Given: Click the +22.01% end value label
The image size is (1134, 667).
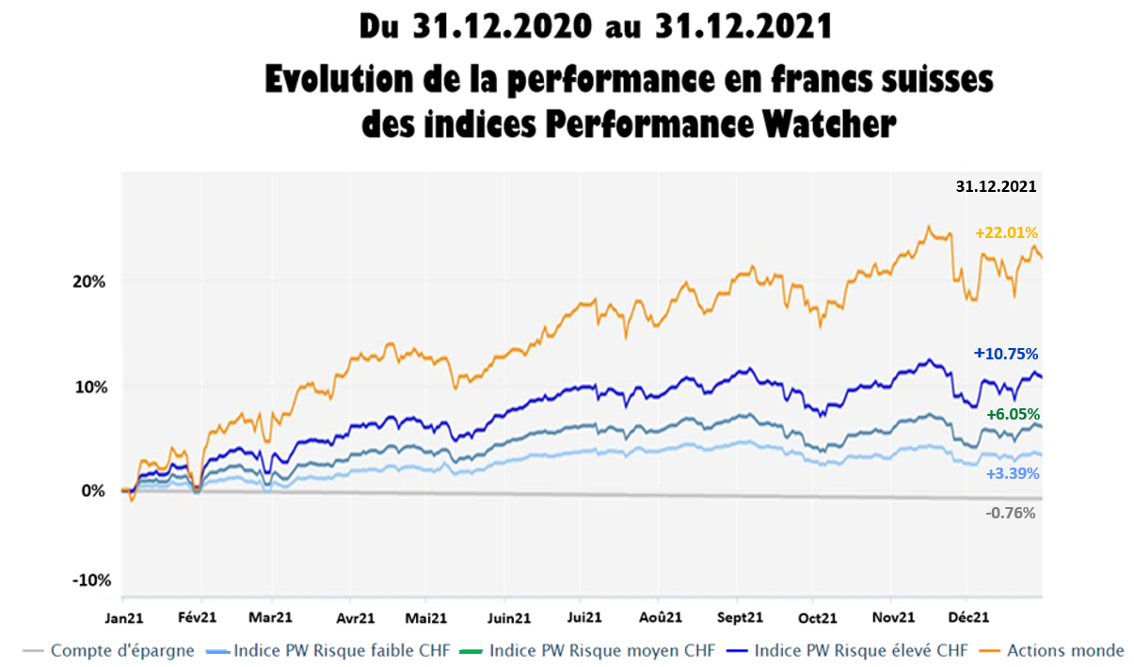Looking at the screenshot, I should [x=1005, y=232].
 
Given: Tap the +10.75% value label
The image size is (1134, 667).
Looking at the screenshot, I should [x=1005, y=354].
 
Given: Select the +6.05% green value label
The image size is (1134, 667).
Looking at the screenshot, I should [x=1012, y=414].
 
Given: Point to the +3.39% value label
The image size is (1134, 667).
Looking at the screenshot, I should [x=1012, y=473].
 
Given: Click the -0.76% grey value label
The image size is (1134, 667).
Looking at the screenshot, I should [x=1010, y=513].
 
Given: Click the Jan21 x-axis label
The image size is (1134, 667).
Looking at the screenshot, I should [x=122, y=617].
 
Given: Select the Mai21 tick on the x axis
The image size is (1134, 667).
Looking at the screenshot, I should [x=426, y=617].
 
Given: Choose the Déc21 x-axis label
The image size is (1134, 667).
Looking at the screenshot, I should [x=967, y=617].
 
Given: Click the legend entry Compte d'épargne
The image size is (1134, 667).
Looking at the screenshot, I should [x=122, y=650].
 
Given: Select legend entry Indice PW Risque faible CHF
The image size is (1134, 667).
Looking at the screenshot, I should [x=340, y=650].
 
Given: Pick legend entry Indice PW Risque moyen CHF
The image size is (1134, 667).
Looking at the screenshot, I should [x=602, y=650].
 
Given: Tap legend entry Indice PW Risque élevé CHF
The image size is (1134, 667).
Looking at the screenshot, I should [x=861, y=650].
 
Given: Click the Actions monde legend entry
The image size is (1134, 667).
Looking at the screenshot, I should [x=1065, y=650].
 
